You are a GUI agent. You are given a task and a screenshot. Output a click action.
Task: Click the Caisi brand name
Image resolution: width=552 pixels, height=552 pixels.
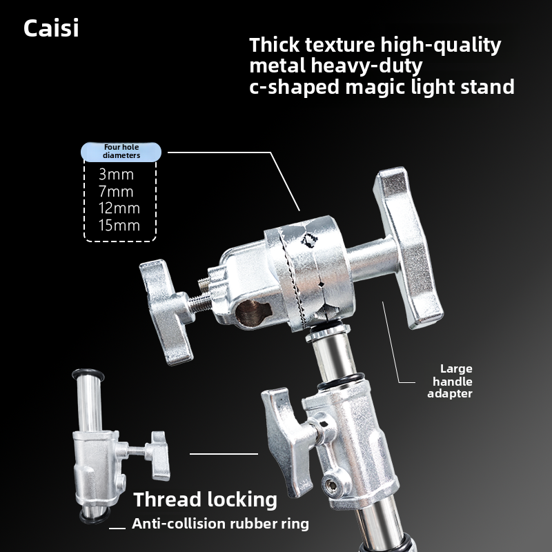51,29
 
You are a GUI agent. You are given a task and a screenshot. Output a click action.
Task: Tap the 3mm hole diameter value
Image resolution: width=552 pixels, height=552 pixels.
116,175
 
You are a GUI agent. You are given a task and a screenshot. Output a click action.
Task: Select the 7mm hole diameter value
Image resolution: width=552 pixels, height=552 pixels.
116,192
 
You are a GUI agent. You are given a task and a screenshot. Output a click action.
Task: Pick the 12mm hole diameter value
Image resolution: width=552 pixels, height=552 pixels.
119,208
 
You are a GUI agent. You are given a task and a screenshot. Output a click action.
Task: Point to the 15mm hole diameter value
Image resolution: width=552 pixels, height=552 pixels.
119,226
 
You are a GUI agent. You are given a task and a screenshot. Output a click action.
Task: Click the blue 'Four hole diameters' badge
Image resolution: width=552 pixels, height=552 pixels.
121,151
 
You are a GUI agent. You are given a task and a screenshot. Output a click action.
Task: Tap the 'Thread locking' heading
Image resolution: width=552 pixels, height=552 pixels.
205,500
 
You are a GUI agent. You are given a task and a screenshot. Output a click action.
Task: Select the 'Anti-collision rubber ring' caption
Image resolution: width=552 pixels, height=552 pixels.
220,523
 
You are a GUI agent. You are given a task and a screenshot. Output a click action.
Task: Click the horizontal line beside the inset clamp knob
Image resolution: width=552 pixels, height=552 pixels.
224,453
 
